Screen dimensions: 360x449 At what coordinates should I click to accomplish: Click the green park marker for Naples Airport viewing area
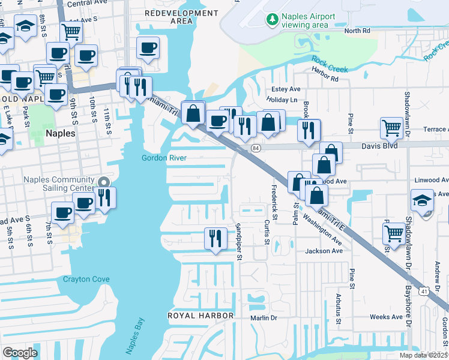click(x=273, y=20)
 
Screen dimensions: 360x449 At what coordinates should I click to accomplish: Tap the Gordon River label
click(x=164, y=158)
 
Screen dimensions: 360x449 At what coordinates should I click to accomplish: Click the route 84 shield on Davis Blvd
click(x=256, y=148)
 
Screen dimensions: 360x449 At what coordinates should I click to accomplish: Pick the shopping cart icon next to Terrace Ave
click(x=391, y=128)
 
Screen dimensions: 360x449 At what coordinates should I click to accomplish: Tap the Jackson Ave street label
click(x=324, y=251)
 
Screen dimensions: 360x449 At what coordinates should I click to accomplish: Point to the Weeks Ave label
click(x=386, y=317)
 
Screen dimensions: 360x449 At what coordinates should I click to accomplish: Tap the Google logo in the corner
click(x=20, y=352)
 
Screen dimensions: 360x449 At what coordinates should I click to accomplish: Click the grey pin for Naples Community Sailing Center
click(x=103, y=182)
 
